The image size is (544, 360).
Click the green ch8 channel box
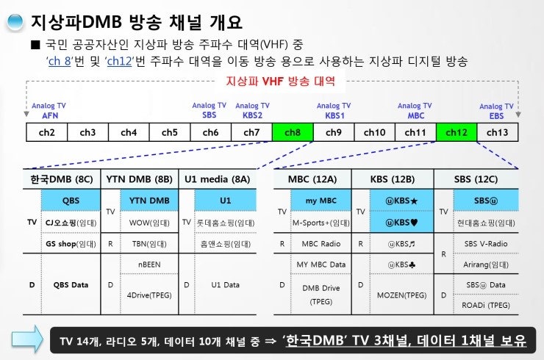(x=293, y=132)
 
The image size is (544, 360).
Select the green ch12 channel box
(x=457, y=132)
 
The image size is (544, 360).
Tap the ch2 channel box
(x=47, y=132)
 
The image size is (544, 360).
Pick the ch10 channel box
(x=374, y=132)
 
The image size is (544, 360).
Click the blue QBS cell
(x=71, y=200)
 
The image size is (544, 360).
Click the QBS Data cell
(x=71, y=284)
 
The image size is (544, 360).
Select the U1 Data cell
(x=226, y=284)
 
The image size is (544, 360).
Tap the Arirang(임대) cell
(x=486, y=263)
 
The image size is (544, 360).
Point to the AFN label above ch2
(x=50, y=115)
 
